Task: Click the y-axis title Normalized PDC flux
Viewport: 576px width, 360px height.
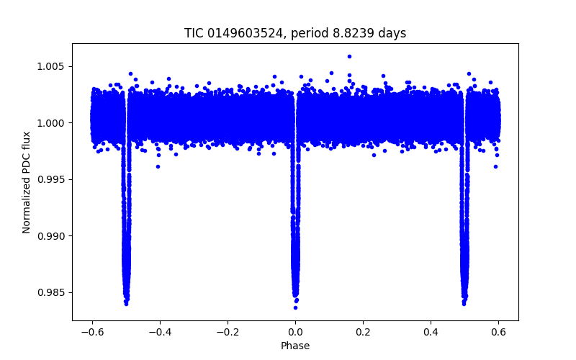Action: [27, 182]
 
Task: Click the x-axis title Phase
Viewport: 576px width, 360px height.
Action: [295, 346]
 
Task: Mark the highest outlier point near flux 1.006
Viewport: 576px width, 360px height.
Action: [349, 56]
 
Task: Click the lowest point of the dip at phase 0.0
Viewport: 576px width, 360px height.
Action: [295, 307]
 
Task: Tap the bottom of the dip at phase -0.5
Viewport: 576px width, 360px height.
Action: [126, 303]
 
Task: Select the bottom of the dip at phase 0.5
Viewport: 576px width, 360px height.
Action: [464, 303]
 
